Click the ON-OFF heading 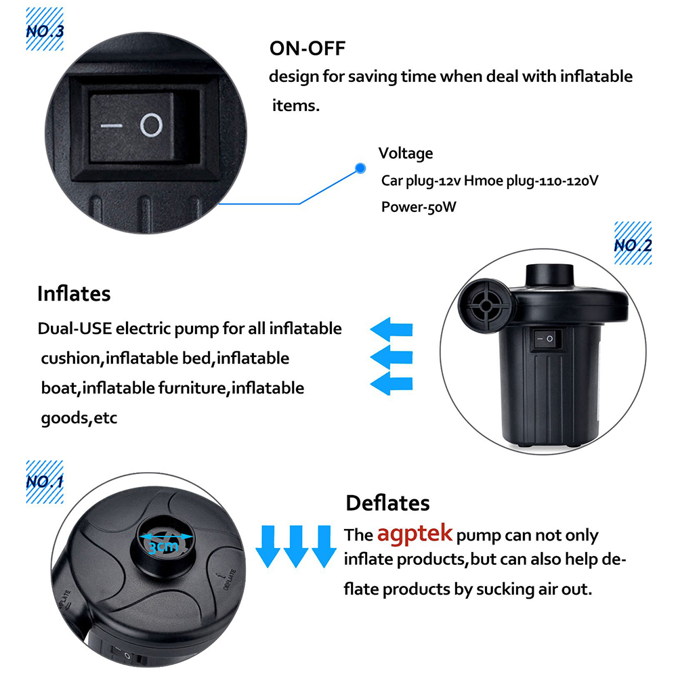(307, 49)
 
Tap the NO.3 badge (45, 30)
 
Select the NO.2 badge (633, 245)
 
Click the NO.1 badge (45, 482)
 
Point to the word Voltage (405, 153)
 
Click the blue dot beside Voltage (361, 167)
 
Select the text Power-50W (419, 207)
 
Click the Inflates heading (74, 294)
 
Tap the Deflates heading (387, 503)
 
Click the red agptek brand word (415, 534)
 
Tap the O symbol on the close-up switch (151, 125)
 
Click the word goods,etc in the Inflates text (79, 418)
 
